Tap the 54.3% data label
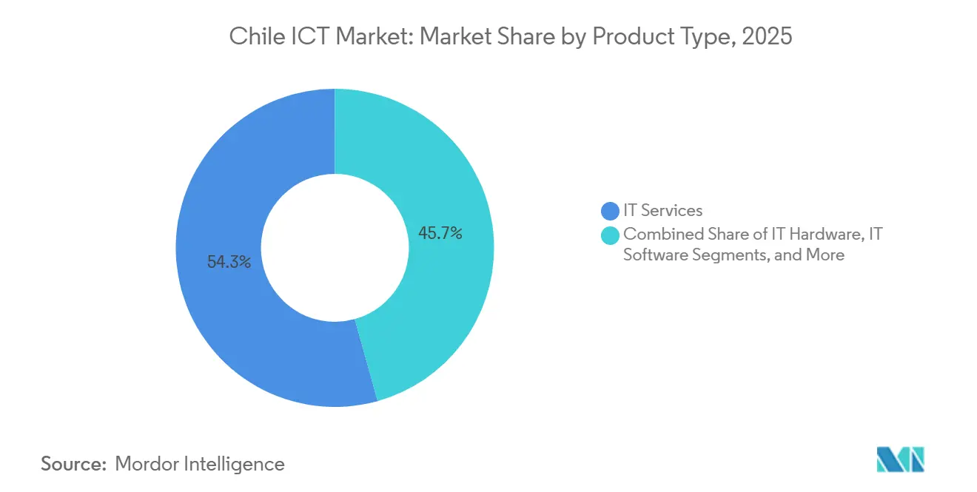[x=229, y=262]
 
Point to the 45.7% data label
[x=440, y=234]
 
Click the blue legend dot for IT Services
[x=610, y=211]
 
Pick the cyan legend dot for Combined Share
[x=610, y=235]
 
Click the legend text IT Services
[x=662, y=211]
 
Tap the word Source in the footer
[x=72, y=464]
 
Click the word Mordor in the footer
[x=150, y=464]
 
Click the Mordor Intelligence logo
[x=900, y=459]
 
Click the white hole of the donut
[x=335, y=248]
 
